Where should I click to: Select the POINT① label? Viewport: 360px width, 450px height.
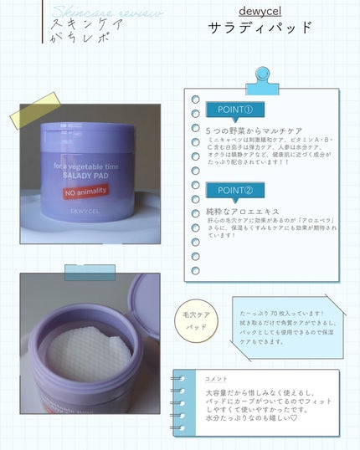(x=240, y=110)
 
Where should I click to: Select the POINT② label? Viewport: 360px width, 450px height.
(x=240, y=191)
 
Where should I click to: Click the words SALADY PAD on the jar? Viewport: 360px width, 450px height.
(x=87, y=178)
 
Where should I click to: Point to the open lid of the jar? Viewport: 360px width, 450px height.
(x=145, y=305)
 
